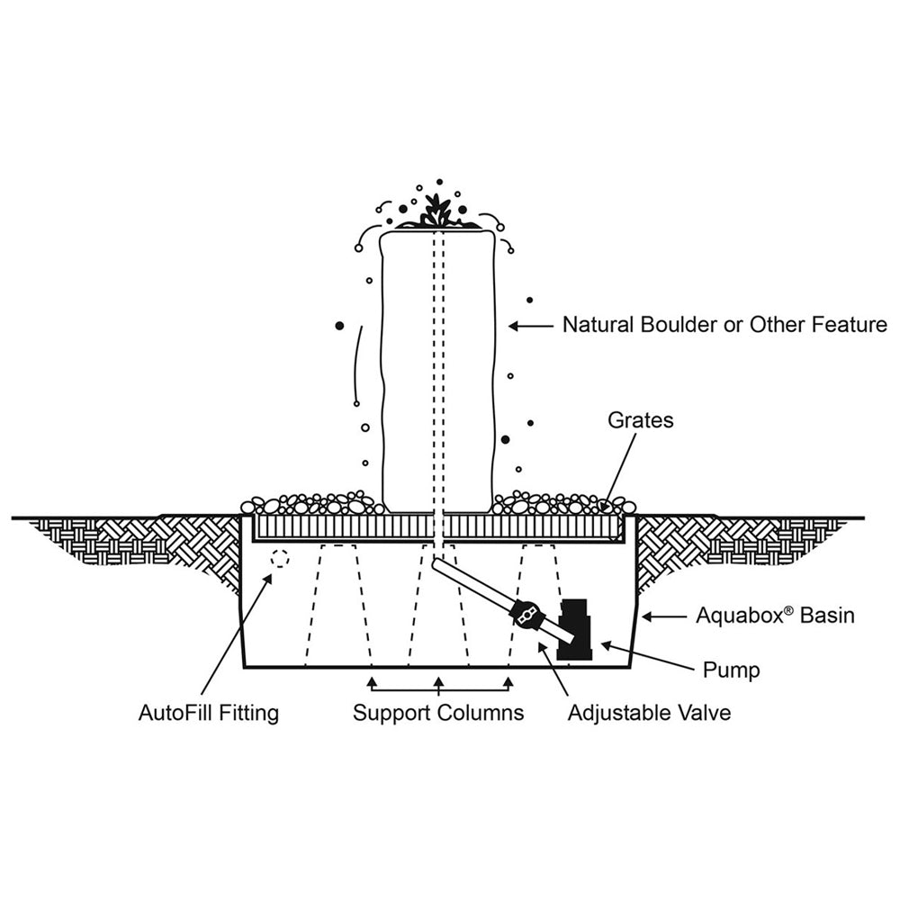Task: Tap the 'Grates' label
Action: tap(640, 420)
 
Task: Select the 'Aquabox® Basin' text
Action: tap(775, 616)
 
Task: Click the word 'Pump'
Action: tap(731, 670)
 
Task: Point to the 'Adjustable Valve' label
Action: tap(649, 714)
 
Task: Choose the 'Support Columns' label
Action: tap(437, 714)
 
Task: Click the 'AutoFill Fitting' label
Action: tap(209, 714)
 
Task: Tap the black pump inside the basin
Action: tap(571, 630)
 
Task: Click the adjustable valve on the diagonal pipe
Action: tap(526, 615)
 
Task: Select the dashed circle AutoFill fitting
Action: tap(280, 559)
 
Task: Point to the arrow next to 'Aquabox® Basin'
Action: tap(664, 617)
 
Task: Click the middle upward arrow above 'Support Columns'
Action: tap(438, 684)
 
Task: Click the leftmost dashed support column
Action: tap(338, 605)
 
